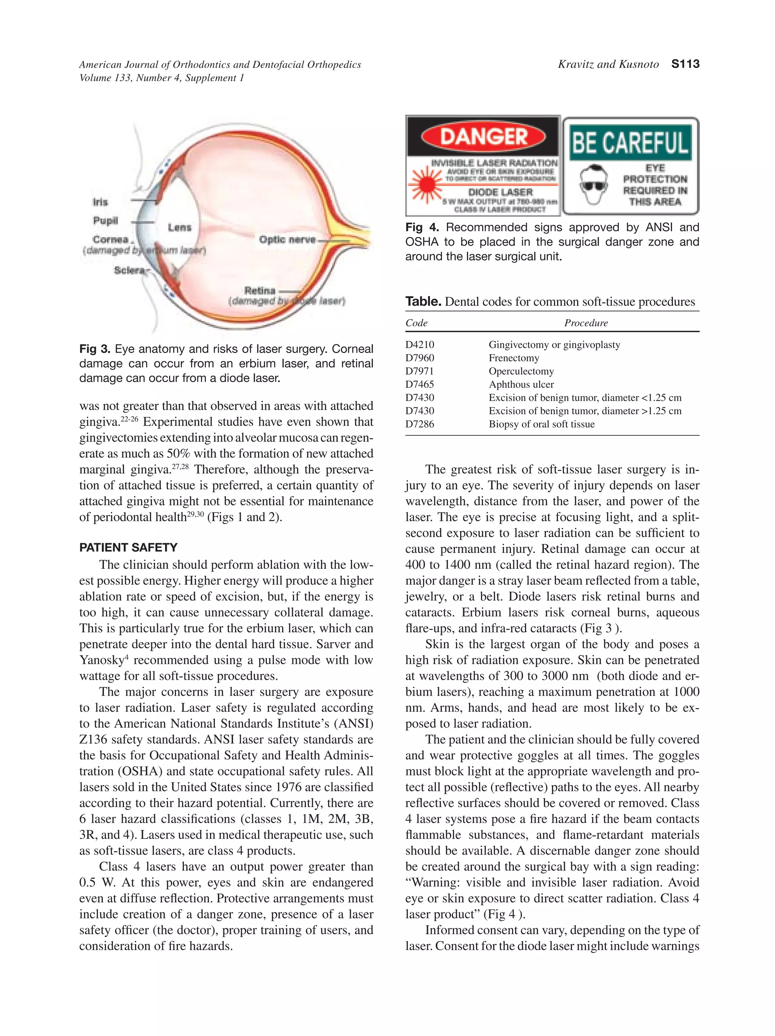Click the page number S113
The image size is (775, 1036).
685,64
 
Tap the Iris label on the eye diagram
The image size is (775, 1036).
100,202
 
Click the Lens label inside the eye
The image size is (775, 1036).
180,227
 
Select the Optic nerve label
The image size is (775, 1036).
287,240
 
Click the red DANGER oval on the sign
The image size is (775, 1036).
483,136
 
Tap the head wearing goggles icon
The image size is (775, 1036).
594,186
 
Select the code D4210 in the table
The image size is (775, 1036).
420,345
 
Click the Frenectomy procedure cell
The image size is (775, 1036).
514,358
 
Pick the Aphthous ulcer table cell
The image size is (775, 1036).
521,384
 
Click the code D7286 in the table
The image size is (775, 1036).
420,424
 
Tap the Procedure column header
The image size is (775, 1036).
585,323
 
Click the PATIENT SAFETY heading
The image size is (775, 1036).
128,548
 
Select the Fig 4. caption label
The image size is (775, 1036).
422,228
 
